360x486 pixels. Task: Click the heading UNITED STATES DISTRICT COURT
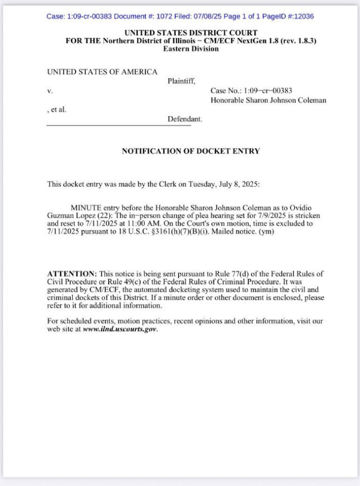[191, 33]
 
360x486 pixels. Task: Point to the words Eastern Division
[191, 49]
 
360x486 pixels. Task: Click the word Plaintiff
[182, 81]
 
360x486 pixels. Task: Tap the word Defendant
[185, 119]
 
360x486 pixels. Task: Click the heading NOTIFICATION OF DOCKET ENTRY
[191, 151]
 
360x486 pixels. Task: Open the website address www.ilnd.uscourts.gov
[120, 329]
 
